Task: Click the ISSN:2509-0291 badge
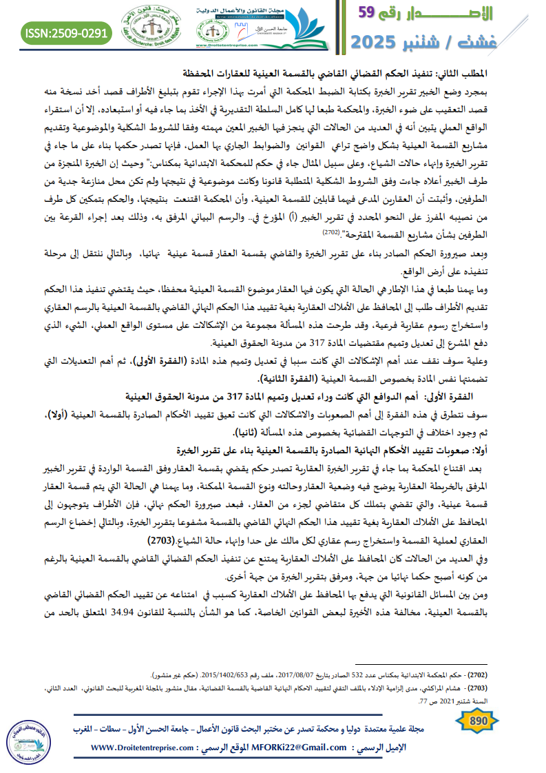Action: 67,32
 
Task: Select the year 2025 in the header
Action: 379,41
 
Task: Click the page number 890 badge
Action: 477,721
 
